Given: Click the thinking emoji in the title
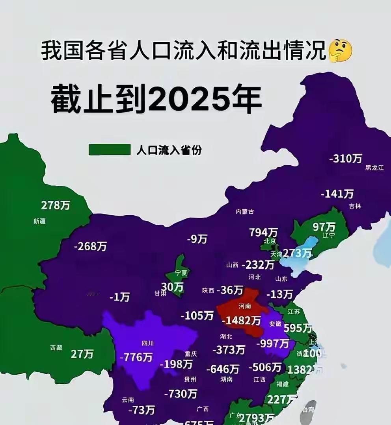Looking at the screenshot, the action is coord(340,52).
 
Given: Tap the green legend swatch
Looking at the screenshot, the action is coord(109,150).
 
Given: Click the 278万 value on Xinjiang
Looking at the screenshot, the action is coord(56,205).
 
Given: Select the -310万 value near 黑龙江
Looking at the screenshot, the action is coord(345,158).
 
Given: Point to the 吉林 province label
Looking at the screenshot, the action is coord(355,206).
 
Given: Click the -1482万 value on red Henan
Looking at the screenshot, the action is coord(241,321).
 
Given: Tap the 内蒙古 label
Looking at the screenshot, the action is coord(244,212).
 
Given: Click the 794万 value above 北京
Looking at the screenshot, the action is coord(263,232).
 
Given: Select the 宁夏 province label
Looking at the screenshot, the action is coord(181,272).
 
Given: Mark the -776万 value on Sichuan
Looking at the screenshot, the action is coord(136,357).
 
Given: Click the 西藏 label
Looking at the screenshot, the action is coord(56,347).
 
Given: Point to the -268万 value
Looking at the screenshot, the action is coord(90,246).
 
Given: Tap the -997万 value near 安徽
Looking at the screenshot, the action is coord(272,344).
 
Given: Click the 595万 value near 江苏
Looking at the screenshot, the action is coord(297,328).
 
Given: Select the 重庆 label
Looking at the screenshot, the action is coord(191,354).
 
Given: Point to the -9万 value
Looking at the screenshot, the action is coord(197,239).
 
